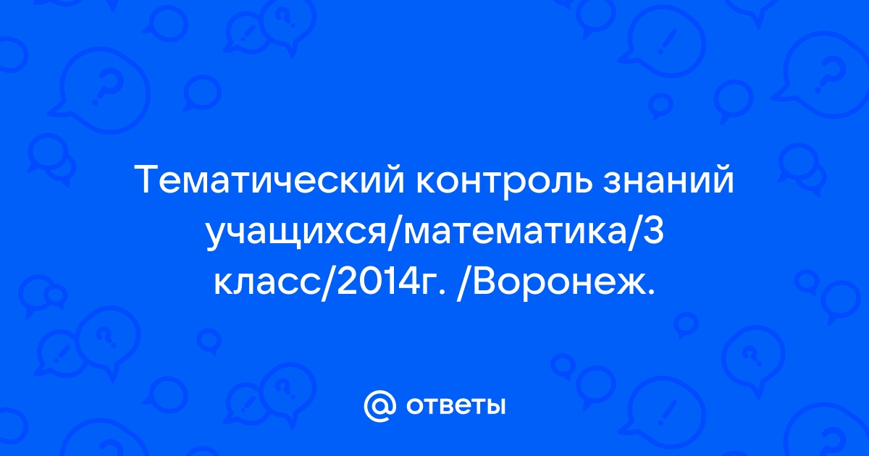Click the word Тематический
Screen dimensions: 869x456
[x=269, y=180]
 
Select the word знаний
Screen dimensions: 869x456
[x=668, y=180]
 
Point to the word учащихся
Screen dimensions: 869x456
[x=295, y=235]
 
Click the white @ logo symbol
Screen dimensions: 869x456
[x=379, y=406]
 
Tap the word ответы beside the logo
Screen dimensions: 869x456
[x=456, y=406]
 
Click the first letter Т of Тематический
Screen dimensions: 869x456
[x=148, y=180]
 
